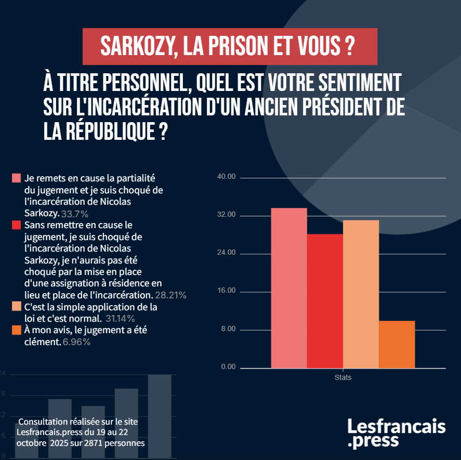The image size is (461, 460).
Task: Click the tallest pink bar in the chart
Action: [x=289, y=288]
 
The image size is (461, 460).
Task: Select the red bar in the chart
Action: [x=325, y=301]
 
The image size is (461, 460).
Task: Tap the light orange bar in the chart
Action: [x=361, y=294]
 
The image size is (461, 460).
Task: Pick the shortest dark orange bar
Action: [x=397, y=345]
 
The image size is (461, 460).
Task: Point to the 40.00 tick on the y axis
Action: [x=227, y=177]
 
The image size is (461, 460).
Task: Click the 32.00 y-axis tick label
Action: [x=227, y=215]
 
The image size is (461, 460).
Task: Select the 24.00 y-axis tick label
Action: [x=227, y=253]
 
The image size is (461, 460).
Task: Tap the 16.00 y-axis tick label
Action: [x=227, y=291]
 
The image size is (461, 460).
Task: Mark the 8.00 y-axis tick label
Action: [x=228, y=330]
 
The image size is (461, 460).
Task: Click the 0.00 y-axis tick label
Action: [x=228, y=367]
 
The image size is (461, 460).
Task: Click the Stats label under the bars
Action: [x=343, y=377]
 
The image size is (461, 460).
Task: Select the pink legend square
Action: [x=16, y=178]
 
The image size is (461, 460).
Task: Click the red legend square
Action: [x=16, y=225]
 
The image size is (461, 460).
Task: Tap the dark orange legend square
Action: [x=16, y=330]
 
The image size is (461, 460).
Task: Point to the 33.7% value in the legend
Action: [x=75, y=214]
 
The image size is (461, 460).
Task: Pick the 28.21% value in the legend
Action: [x=171, y=295]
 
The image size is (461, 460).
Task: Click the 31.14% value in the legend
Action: [x=120, y=318]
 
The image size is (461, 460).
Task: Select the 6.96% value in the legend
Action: [x=76, y=342]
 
